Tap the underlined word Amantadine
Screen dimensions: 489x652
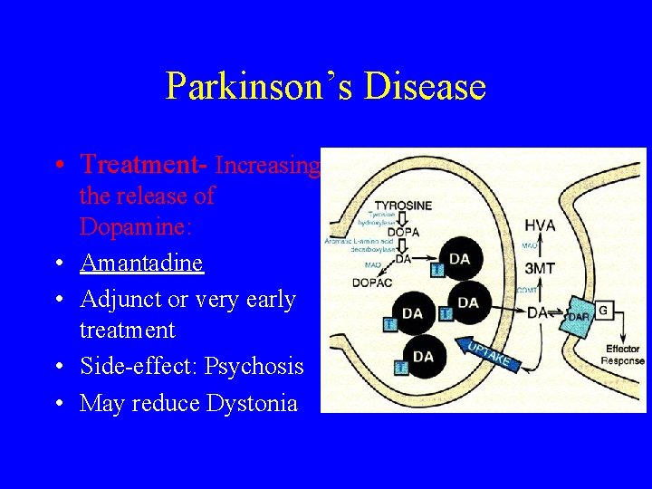[x=141, y=263]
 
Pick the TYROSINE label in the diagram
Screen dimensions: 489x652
[x=403, y=206]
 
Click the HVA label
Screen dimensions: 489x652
[x=540, y=225]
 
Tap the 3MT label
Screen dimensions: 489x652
[x=541, y=268]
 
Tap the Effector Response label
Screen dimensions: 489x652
[x=622, y=354]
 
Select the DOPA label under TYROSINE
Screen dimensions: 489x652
[x=403, y=232]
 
